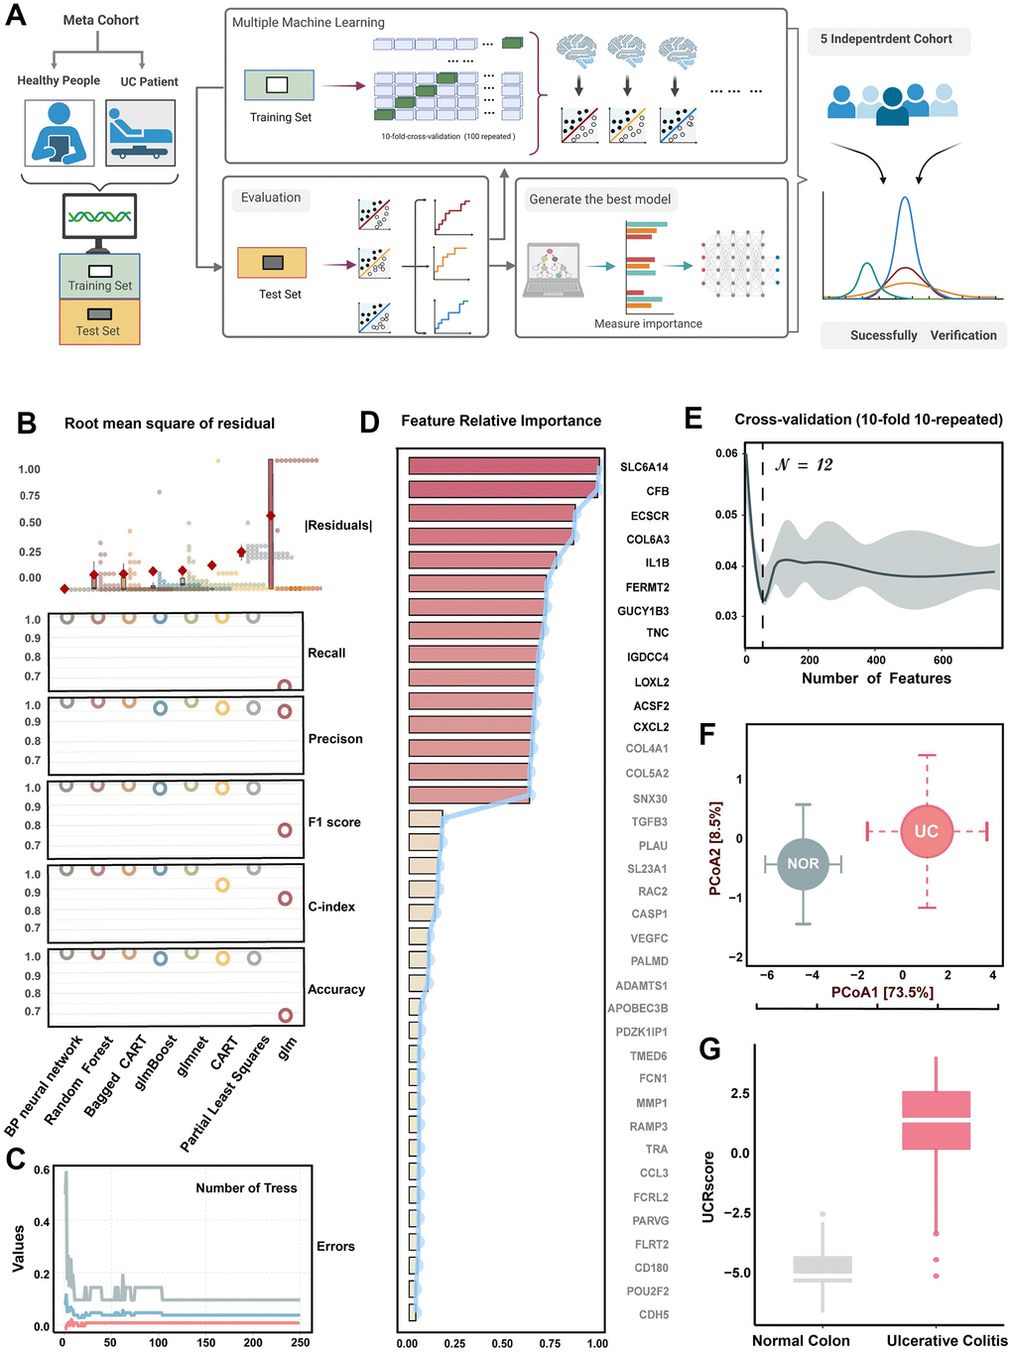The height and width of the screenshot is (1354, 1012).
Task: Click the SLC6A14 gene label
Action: click(644, 467)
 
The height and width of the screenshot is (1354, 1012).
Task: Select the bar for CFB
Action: click(504, 490)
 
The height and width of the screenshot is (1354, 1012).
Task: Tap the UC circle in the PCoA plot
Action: click(926, 831)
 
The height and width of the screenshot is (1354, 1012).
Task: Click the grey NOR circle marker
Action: click(803, 864)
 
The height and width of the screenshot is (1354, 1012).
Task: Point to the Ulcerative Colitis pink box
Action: click(936, 1120)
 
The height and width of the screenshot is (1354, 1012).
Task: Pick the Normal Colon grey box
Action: click(822, 1270)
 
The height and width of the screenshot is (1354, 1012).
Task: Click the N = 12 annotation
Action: click(804, 465)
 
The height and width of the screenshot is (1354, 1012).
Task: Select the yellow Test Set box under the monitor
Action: click(99, 322)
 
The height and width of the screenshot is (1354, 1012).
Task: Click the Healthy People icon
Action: click(60, 133)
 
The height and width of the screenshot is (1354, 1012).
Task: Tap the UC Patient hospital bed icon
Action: click(141, 133)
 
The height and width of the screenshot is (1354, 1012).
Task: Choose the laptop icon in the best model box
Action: click(553, 271)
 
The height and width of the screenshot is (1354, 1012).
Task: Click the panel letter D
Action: click(369, 423)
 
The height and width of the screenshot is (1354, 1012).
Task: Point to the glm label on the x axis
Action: click(287, 1047)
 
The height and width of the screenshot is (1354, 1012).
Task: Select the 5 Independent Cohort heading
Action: click(886, 40)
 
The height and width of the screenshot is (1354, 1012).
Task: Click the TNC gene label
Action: click(657, 633)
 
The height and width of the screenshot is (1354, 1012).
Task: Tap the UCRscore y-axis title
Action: click(708, 1186)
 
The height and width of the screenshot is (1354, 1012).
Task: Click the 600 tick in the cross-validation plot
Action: click(943, 660)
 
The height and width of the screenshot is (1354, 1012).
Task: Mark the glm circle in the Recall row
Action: click(285, 685)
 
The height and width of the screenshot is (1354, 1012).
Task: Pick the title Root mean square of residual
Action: click(170, 424)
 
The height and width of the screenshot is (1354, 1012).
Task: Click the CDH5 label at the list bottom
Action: click(654, 1315)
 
